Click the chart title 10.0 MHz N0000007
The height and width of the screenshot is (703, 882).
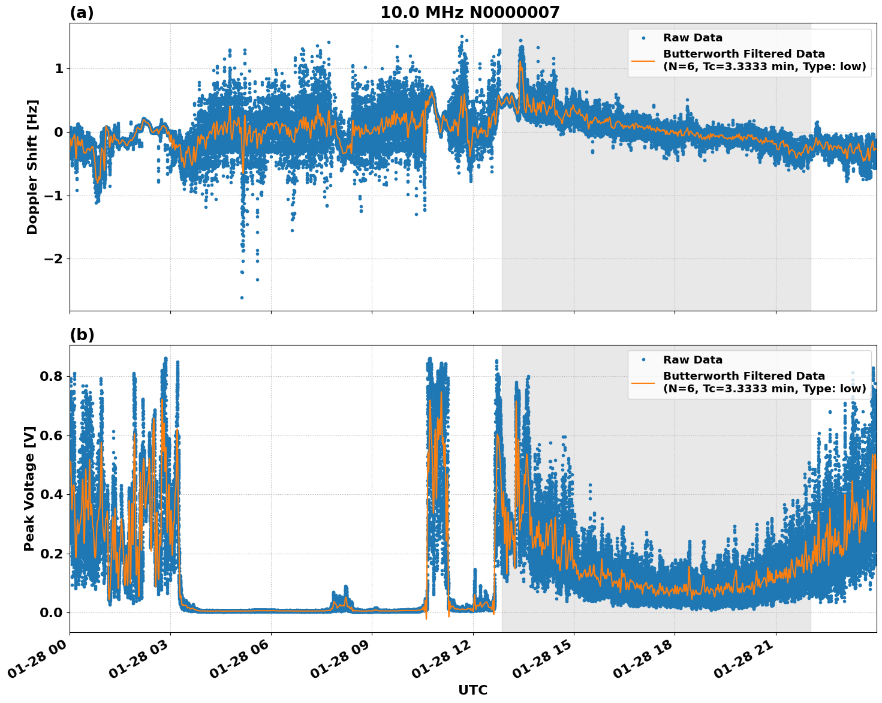coord(469,13)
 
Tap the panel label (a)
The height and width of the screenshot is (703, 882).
coord(82,13)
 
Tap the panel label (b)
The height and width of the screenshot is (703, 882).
coord(82,335)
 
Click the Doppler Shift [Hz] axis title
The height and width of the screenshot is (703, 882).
coord(32,167)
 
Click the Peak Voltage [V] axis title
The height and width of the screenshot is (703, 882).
coord(29,488)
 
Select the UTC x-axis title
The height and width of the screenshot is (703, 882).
coord(472,690)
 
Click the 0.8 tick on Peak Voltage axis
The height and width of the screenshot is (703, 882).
coord(51,377)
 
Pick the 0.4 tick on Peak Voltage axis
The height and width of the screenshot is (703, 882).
coord(51,495)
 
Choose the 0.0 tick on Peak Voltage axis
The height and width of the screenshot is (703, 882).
coord(51,612)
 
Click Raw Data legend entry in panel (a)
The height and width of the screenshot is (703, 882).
coord(693,38)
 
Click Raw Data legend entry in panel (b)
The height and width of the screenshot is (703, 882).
coord(693,360)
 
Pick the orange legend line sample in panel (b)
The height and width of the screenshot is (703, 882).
coord(643,382)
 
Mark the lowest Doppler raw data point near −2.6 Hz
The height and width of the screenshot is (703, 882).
coord(242,298)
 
